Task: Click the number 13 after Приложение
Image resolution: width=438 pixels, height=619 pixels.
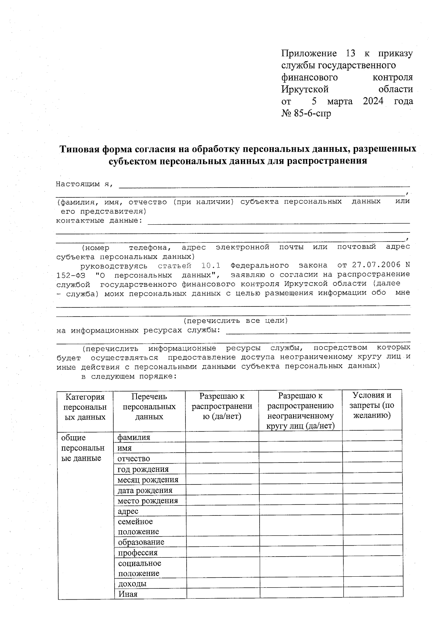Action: point(350,54)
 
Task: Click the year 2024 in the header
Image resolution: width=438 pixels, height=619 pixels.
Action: point(373,101)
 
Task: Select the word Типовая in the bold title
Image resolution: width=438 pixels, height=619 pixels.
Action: point(79,149)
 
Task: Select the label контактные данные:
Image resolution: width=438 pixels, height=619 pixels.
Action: point(99,220)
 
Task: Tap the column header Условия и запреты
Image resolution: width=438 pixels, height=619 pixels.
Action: point(372,405)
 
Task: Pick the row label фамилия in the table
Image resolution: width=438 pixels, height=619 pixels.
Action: point(134,437)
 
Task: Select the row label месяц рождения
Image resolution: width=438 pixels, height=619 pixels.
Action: point(148,480)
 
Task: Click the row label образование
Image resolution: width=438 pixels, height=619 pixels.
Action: point(141,542)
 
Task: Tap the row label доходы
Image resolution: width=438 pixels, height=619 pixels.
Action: point(132,584)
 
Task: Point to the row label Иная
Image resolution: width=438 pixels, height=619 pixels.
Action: point(128,594)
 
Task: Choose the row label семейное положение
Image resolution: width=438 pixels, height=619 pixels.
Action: point(138,527)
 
